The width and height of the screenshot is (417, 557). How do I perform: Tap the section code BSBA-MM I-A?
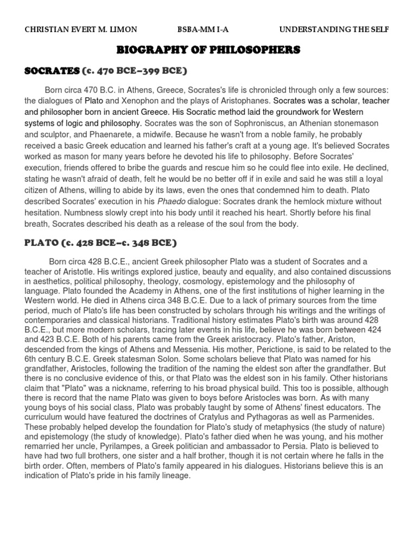[200, 29]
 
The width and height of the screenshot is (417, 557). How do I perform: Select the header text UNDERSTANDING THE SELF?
[334, 29]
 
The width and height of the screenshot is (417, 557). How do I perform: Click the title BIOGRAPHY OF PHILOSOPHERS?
[208, 51]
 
